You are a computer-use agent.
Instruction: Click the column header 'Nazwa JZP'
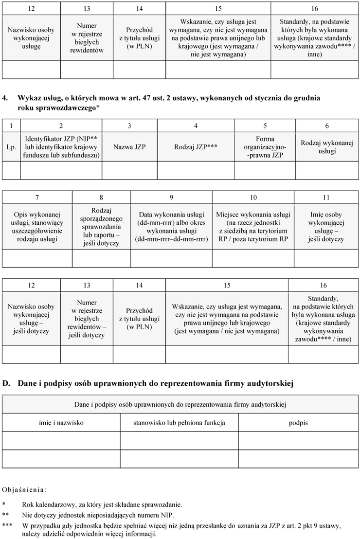pos(129,146)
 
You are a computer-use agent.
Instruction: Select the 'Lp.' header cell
pos(11,146)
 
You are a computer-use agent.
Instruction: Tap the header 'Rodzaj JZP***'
pos(196,146)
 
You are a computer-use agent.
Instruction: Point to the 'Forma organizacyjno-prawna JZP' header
pos(265,146)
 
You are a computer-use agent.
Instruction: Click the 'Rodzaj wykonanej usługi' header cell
pos(327,146)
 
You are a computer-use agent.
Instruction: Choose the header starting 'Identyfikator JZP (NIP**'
pos(61,146)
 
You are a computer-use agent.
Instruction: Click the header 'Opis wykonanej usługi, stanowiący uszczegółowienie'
pos(37,227)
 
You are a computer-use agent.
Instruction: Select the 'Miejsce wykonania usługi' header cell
pos(253,227)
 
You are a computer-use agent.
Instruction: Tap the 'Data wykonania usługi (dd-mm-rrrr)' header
pos(171,227)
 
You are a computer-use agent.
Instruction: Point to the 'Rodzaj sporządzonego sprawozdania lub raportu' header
pos(101,227)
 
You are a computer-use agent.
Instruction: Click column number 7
pos(37,197)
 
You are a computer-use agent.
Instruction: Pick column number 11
pos(326,197)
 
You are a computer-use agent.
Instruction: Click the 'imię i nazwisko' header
pos(61,423)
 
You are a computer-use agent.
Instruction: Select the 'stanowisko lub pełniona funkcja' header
pos(179,423)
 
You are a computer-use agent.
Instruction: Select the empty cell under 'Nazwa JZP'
pos(129,170)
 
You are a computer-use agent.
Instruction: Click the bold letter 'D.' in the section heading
pos(7,384)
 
